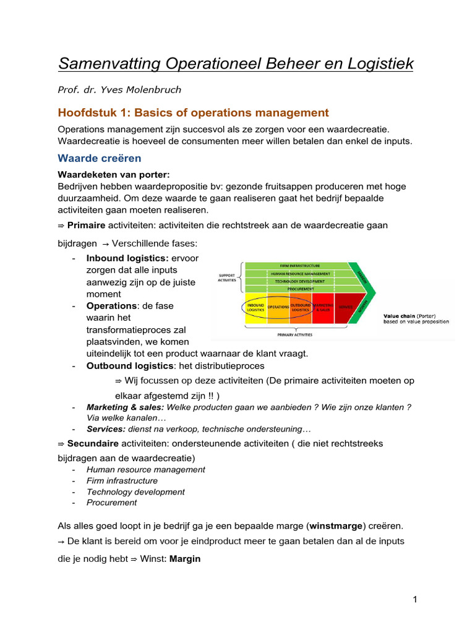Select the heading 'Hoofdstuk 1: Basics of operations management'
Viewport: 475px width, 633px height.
click(x=193, y=113)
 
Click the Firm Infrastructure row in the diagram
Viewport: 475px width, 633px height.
click(x=299, y=265)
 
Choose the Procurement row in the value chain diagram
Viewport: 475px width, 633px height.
click(x=299, y=289)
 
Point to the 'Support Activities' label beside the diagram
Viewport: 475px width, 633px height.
click(x=227, y=277)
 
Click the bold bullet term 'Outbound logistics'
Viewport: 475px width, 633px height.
click(x=129, y=366)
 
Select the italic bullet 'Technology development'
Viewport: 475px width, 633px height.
click(x=135, y=492)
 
